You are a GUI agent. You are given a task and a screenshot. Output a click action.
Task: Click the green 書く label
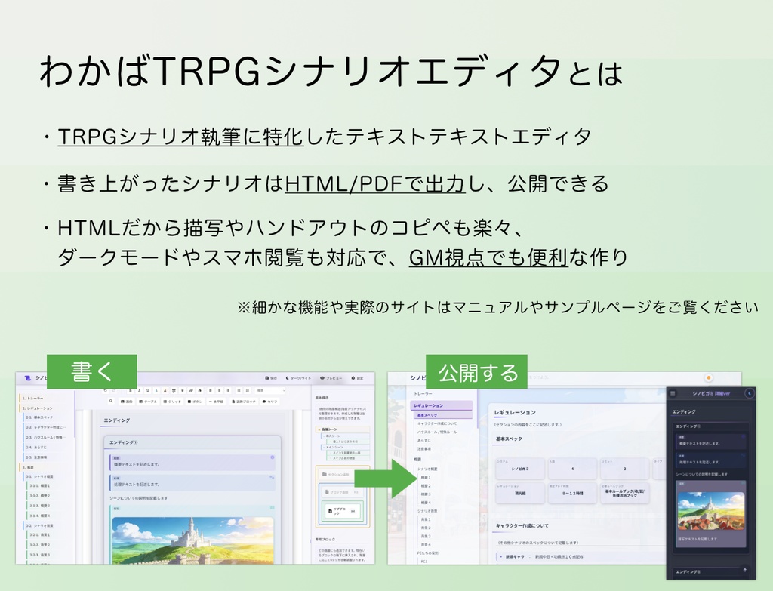pos(91,372)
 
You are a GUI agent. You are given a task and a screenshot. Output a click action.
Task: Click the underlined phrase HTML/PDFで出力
pos(374,183)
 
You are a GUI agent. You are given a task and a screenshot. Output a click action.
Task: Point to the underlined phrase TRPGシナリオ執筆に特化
pos(180,137)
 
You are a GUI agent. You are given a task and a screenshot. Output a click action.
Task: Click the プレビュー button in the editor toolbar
pos(331,377)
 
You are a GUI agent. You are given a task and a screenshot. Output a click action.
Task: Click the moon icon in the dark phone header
pos(749,393)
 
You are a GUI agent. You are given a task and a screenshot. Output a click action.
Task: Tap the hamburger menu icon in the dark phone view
pos(673,393)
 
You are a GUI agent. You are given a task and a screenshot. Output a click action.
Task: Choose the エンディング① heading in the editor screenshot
pos(125,442)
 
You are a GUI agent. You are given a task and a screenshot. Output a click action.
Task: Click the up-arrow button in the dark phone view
pos(745,571)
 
